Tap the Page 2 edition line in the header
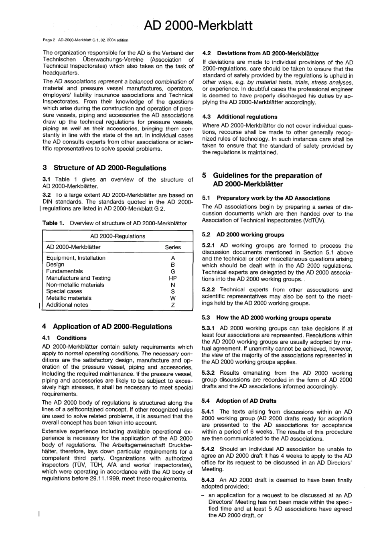click(85, 40)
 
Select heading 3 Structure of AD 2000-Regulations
click(104, 168)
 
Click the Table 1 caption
click(114, 223)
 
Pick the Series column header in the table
click(173, 247)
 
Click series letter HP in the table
click(173, 278)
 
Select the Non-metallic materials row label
click(75, 285)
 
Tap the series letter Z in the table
click(173, 305)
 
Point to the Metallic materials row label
click(69, 298)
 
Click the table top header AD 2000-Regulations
click(118, 236)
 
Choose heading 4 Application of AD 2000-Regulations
click(107, 327)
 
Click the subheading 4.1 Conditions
click(64, 338)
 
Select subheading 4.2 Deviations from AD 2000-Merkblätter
click(261, 53)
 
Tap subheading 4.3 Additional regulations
click(240, 117)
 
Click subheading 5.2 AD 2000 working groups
click(243, 235)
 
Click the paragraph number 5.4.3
click(209, 480)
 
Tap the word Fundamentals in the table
click(65, 271)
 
